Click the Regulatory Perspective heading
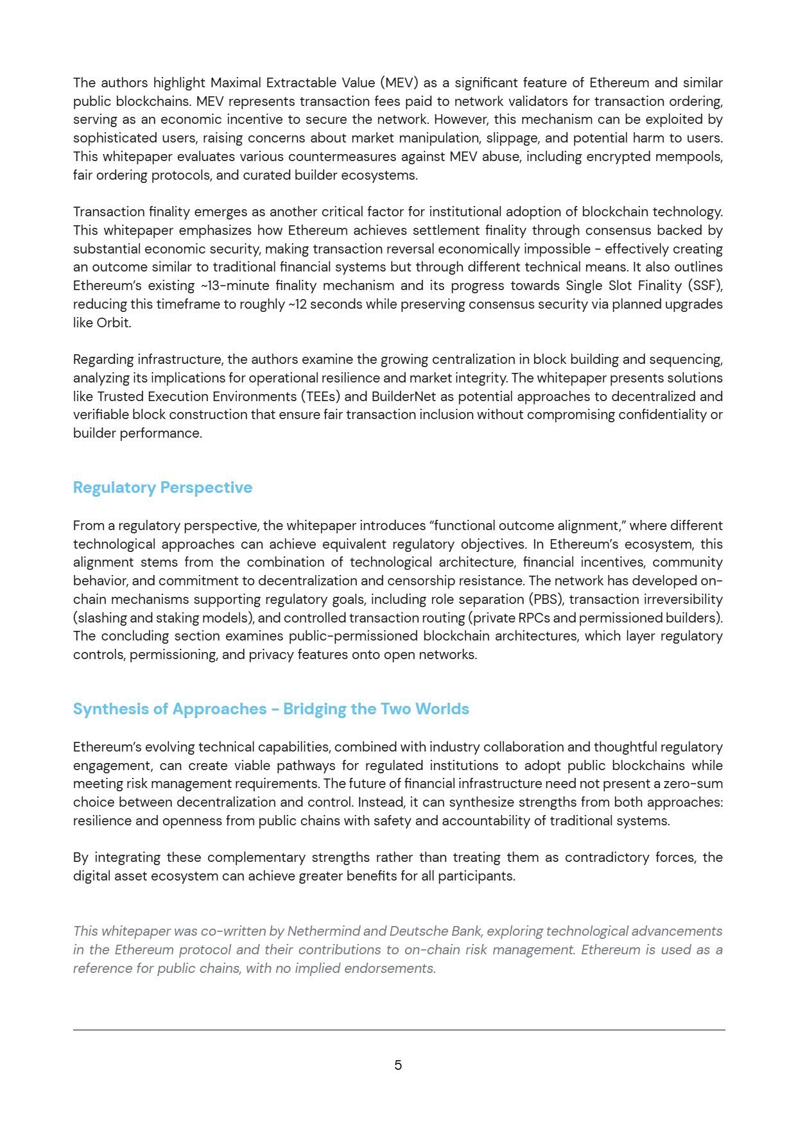[x=162, y=488]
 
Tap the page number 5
[x=398, y=1065]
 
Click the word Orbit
[x=113, y=323]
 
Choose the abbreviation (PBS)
[x=547, y=599]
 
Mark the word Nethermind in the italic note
[x=327, y=931]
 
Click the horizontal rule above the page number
[x=398, y=1030]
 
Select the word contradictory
[x=604, y=857]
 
